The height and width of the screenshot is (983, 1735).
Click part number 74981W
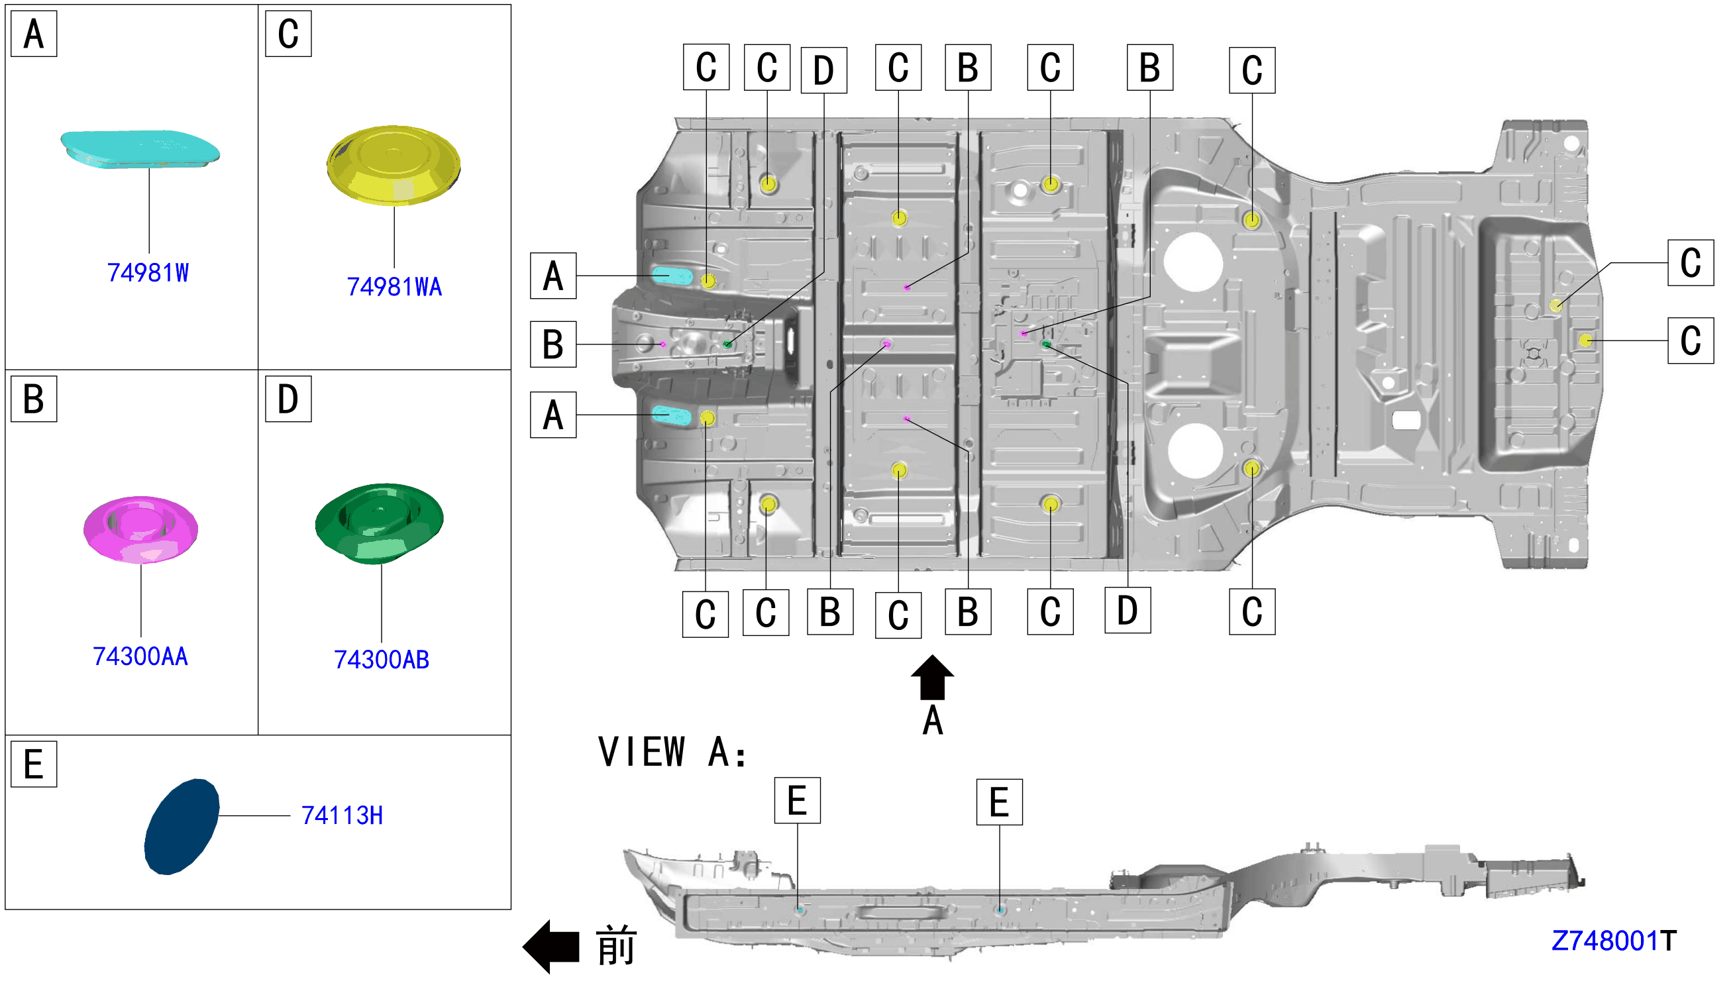point(148,273)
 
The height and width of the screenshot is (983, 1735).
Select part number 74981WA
point(394,287)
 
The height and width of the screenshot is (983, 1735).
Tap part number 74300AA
point(140,656)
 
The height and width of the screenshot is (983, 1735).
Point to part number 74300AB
point(382,660)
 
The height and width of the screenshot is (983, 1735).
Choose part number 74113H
point(342,815)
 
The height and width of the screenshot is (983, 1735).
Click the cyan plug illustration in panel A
point(140,149)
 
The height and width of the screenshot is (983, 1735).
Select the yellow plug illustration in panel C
point(394,165)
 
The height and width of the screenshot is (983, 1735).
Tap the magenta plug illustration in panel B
point(140,529)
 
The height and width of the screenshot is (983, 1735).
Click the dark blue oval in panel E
point(182,827)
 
